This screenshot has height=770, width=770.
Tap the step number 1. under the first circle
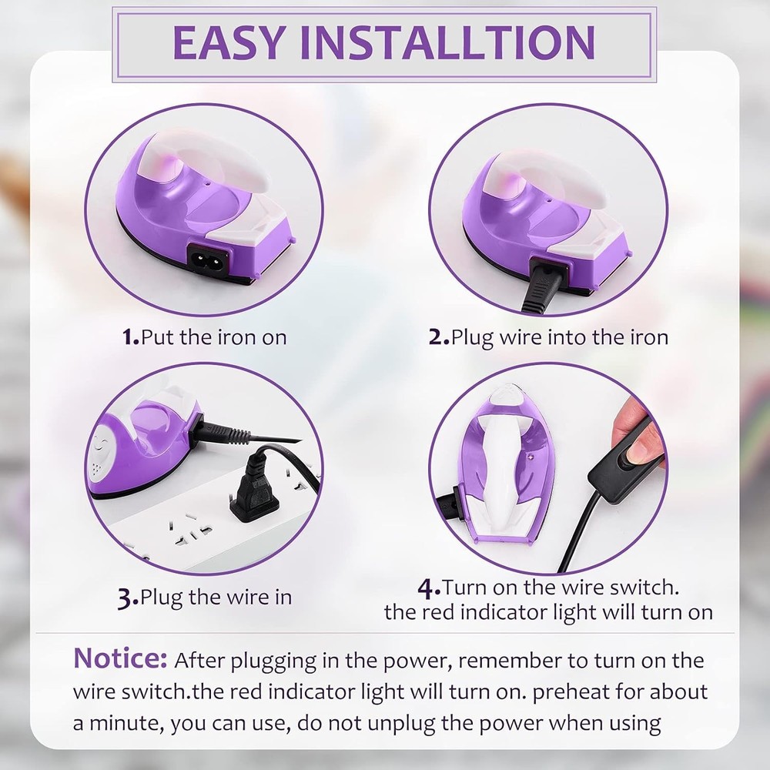[131, 337]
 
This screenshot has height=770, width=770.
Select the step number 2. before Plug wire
[439, 337]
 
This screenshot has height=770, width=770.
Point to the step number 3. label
[129, 598]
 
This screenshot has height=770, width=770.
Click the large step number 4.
[429, 590]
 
